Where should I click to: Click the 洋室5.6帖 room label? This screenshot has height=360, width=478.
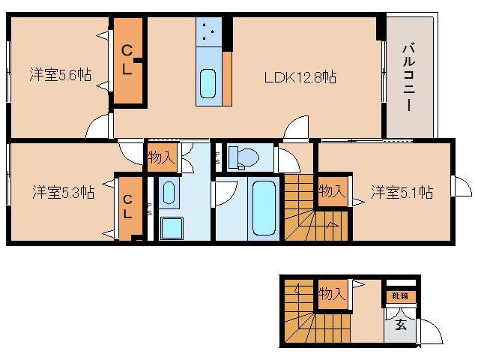coord(61,75)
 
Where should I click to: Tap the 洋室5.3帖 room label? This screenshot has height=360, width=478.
coord(62,192)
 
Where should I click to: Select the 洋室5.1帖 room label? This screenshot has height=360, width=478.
coord(402,192)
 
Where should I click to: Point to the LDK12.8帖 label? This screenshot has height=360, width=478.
coord(298,76)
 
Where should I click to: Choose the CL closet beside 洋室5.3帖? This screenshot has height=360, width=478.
coord(128,206)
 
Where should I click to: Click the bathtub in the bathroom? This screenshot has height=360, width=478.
coord(261,208)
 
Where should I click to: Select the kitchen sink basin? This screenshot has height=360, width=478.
coord(208,81)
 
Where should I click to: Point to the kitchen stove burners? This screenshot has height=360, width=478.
coord(208,34)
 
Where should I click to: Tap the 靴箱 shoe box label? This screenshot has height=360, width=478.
coord(397,295)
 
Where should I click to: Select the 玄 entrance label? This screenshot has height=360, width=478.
coord(401,325)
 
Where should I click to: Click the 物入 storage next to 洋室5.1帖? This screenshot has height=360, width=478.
coord(333,192)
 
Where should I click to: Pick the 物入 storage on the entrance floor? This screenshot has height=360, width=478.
coord(332,294)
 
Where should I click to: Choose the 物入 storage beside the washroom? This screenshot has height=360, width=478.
coord(161,157)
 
